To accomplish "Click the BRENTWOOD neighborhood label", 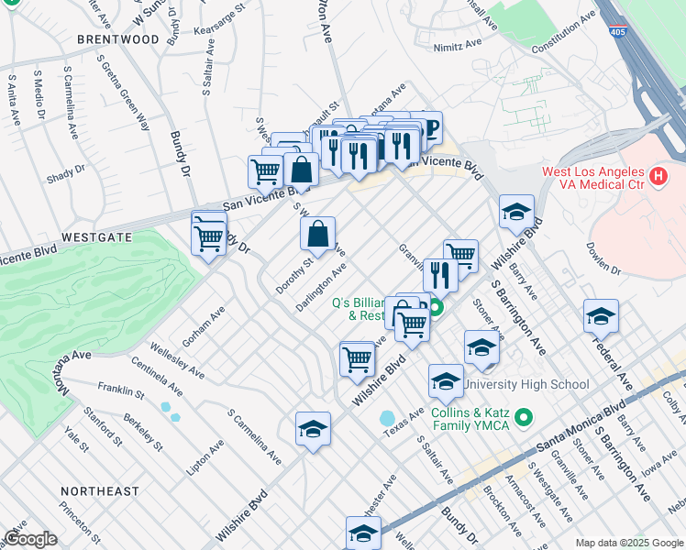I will pos(118,39).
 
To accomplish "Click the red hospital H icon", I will pos(657,176).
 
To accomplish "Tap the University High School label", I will pos(526,384).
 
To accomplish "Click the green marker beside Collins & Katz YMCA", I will pos(524,418).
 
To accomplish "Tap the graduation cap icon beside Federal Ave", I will pos(601,316).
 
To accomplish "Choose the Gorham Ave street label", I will pos(203,327).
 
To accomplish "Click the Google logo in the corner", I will pos(30,539).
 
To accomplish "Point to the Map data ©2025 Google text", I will pos(628,543).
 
